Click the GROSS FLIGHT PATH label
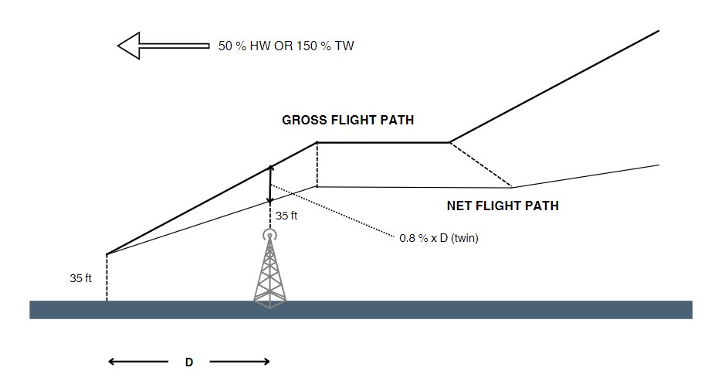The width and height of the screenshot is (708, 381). (x=347, y=121)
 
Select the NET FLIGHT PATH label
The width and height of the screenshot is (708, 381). (x=503, y=206)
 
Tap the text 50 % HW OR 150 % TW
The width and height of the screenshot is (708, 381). (x=286, y=46)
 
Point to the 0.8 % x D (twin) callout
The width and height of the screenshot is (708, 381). (x=439, y=238)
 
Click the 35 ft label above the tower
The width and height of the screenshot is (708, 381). (x=286, y=216)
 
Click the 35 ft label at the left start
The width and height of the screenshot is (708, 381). (x=80, y=278)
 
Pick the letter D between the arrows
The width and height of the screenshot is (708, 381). (x=188, y=362)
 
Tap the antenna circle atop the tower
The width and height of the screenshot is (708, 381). (x=269, y=234)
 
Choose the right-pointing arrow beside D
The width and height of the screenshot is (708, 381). (x=239, y=361)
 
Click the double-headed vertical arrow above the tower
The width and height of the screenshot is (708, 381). (x=269, y=184)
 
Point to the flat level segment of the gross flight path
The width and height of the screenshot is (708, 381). (x=383, y=142)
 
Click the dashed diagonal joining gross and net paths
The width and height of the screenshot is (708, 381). (x=480, y=165)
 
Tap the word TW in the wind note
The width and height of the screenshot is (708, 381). (x=345, y=46)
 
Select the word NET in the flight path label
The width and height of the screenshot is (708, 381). (x=460, y=206)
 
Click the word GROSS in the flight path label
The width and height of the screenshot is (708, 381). (x=303, y=121)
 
